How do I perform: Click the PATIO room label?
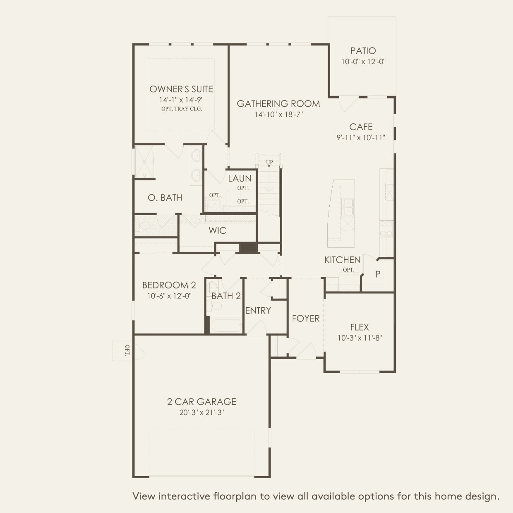[363, 51]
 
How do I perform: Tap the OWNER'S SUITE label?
[181, 89]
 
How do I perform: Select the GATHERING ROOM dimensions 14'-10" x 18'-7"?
[278, 115]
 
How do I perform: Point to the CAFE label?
[361, 127]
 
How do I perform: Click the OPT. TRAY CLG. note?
[182, 109]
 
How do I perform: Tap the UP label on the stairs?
[269, 162]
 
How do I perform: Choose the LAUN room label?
[240, 178]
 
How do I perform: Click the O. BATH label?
[165, 198]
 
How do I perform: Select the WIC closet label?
[217, 230]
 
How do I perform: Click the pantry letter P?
[378, 274]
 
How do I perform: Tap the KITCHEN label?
[342, 260]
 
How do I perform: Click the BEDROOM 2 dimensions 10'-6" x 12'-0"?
[169, 296]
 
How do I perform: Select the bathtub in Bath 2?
[226, 325]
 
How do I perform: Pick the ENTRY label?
[258, 310]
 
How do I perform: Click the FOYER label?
[306, 318]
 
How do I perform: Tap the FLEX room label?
[359, 327]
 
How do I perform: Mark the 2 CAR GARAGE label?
[201, 401]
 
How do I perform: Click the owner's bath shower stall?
[144, 162]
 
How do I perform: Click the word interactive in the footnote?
[184, 496]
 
